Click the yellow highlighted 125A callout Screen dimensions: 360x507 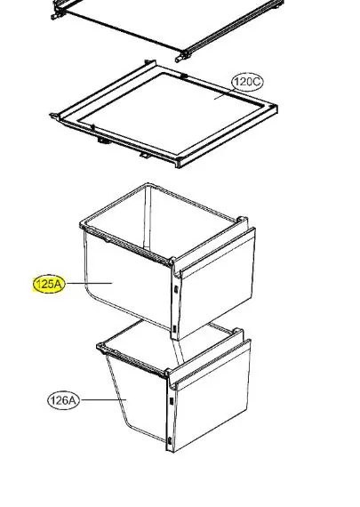(x=49, y=285)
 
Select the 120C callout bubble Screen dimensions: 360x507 (x=247, y=82)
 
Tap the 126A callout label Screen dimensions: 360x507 (x=63, y=400)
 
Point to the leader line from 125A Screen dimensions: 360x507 (x=89, y=284)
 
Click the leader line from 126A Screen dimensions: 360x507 (x=103, y=400)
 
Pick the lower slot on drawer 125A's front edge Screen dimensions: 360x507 (x=174, y=329)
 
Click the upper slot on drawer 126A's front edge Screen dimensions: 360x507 (x=171, y=401)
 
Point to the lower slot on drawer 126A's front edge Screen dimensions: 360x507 (x=170, y=440)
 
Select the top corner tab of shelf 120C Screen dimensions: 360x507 (x=150, y=63)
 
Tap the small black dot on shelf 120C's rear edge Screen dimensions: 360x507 (x=185, y=76)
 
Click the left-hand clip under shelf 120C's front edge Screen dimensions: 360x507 (x=103, y=141)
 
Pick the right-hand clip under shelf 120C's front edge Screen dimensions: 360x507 (x=144, y=156)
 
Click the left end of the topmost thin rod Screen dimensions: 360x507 (x=53, y=17)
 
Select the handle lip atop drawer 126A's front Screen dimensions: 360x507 (x=210, y=361)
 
